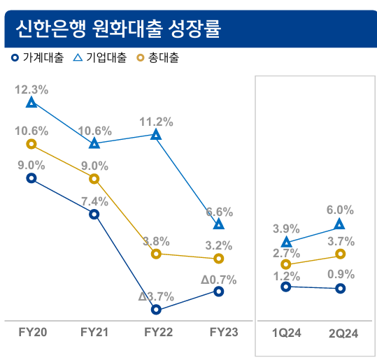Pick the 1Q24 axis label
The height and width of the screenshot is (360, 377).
pyautogui.click(x=286, y=333)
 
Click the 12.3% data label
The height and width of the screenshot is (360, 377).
pyautogui.click(x=31, y=89)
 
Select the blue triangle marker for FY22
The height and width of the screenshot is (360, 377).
pyautogui.click(x=156, y=134)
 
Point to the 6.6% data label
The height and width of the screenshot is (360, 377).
pyautogui.click(x=219, y=211)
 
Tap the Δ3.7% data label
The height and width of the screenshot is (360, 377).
pyautogui.click(x=156, y=296)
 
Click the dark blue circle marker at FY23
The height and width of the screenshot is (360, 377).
pyautogui.click(x=219, y=291)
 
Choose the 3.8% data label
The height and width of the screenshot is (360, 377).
pyautogui.click(x=156, y=241)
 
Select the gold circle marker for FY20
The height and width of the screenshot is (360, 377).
pyautogui.click(x=31, y=144)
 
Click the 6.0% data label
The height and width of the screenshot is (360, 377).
pyautogui.click(x=341, y=210)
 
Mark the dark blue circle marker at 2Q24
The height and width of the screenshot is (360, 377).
pyautogui.click(x=341, y=288)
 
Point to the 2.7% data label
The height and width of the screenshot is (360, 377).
pyautogui.click(x=286, y=252)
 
